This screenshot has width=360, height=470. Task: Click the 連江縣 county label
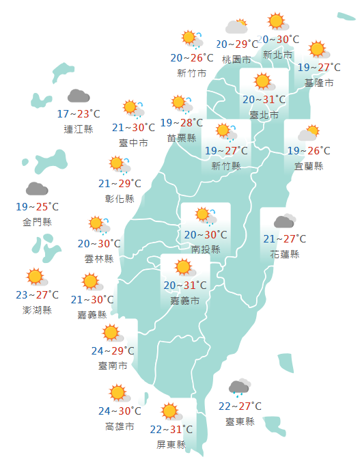[78, 128]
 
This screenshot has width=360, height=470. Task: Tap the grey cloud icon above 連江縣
[78, 96]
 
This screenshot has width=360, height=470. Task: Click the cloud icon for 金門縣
[37, 189]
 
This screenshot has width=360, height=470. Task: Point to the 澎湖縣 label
[37, 310]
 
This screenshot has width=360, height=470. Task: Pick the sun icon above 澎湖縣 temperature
[36, 277]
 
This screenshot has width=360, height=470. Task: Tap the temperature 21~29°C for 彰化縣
[120, 183]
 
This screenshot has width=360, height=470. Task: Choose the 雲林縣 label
[98, 258]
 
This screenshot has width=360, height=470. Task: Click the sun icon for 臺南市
[111, 333]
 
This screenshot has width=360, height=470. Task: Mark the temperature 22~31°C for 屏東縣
[171, 429]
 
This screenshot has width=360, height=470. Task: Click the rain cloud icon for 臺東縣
[238, 388]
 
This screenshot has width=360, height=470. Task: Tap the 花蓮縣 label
[285, 253]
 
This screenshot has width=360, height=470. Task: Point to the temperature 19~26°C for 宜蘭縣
[308, 150]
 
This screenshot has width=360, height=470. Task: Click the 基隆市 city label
[319, 83]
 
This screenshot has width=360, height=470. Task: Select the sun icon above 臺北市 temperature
[262, 82]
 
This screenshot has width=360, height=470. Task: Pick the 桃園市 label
[236, 59]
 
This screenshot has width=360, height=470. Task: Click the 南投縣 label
[206, 249]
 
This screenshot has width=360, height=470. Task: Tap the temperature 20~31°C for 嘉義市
[186, 285]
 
